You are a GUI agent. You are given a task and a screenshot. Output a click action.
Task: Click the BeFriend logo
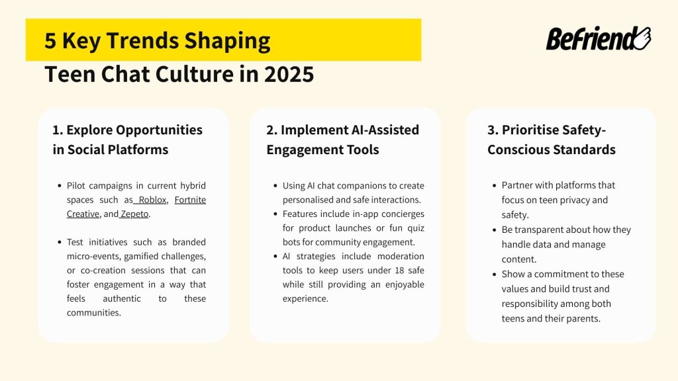click(598, 39)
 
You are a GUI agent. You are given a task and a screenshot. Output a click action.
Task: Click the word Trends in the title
click(140, 41)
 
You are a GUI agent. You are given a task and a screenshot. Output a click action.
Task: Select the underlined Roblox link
click(152, 200)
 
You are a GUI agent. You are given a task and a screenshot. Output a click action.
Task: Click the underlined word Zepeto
click(135, 214)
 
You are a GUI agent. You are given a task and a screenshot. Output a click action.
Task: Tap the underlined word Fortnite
click(190, 200)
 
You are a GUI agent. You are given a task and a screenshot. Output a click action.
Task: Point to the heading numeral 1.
click(57, 130)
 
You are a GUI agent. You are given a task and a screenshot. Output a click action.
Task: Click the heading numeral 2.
click(271, 130)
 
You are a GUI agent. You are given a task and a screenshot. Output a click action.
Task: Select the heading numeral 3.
click(492, 130)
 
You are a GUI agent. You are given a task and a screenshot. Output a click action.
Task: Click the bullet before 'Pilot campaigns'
click(59, 186)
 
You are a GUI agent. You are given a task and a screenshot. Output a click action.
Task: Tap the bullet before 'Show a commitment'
click(494, 275)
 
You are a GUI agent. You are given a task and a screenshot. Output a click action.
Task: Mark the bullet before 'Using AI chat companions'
click(275, 186)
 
